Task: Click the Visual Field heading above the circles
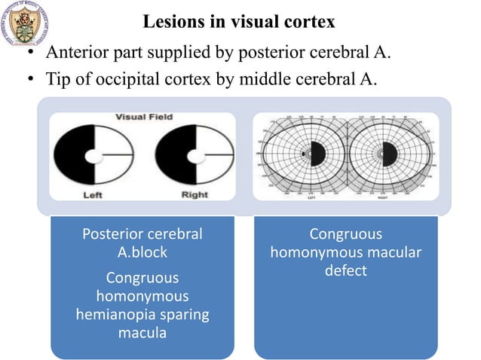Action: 143,117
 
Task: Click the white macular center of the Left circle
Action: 93,157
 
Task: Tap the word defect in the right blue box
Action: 345,270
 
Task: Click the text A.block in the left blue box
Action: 142,252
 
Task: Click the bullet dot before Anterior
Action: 32,53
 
